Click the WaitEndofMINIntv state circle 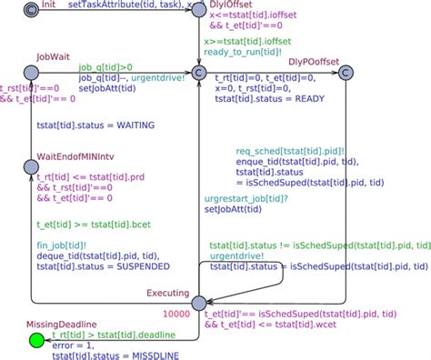[32, 151]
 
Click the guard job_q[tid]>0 [105, 66]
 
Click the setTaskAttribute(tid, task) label [112, 5]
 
